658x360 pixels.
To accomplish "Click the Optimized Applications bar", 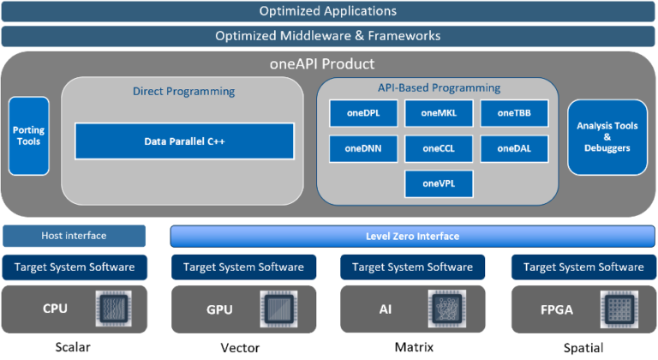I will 329,11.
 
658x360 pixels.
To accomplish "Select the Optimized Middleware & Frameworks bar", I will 329,36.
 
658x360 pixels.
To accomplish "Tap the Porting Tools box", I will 29,136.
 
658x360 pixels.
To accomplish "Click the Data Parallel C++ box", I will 184,141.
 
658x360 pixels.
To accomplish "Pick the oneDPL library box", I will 362,112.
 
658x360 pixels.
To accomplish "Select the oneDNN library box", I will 362,148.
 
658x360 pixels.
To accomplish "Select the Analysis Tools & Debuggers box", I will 607,136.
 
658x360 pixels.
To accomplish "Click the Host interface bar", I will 74,236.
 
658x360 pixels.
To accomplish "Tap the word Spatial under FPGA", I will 583,347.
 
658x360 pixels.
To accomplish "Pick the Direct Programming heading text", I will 183,91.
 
